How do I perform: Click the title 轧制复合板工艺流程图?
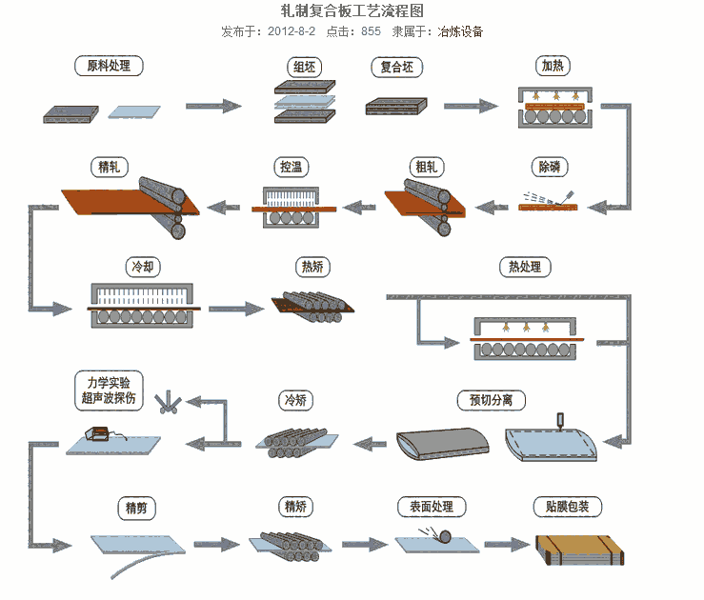click(352, 10)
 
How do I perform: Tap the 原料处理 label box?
click(109, 67)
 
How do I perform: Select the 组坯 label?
click(305, 67)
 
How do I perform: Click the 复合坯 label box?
click(396, 67)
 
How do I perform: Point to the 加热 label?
click(553, 67)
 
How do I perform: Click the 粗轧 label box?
click(426, 168)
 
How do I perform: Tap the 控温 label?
click(292, 168)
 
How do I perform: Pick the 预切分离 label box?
click(491, 400)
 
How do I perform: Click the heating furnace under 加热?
click(553, 109)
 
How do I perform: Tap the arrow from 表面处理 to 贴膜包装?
click(505, 545)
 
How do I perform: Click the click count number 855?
click(371, 31)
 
